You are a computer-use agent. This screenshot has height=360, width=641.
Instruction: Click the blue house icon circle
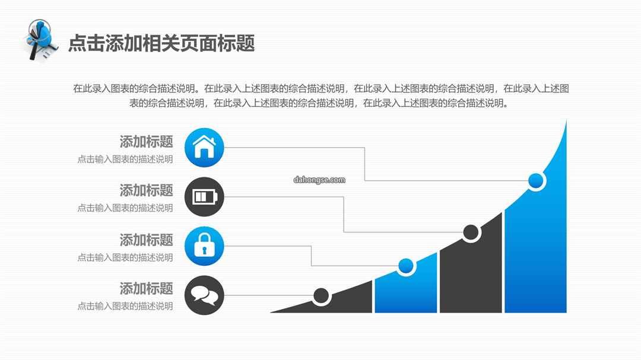click(204, 148)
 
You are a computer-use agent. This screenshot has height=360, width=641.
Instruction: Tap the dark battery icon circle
click(204, 196)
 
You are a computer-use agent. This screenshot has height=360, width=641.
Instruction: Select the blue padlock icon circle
click(204, 246)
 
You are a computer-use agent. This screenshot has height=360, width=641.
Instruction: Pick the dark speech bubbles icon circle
click(204, 295)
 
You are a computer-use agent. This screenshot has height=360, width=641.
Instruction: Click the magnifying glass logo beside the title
click(40, 41)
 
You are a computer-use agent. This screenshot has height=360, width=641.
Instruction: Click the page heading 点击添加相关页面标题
click(161, 43)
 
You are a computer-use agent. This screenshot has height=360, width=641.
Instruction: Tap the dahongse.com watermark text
click(319, 180)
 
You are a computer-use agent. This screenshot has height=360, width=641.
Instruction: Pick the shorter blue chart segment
click(406, 286)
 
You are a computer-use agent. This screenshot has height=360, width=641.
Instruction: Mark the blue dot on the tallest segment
click(535, 180)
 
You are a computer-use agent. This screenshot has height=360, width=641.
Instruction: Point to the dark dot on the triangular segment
click(321, 296)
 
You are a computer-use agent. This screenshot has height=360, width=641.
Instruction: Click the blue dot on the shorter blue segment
click(405, 266)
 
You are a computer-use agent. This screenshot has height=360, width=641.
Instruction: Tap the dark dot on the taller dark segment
click(471, 232)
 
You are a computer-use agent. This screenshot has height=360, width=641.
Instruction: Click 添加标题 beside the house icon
click(147, 141)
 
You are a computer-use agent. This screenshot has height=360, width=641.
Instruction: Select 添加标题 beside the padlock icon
click(147, 240)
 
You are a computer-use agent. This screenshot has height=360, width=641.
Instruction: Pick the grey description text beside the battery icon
click(125, 208)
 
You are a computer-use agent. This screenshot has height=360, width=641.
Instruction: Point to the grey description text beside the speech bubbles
click(125, 306)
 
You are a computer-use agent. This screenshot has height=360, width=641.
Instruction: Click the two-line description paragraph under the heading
click(321, 96)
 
